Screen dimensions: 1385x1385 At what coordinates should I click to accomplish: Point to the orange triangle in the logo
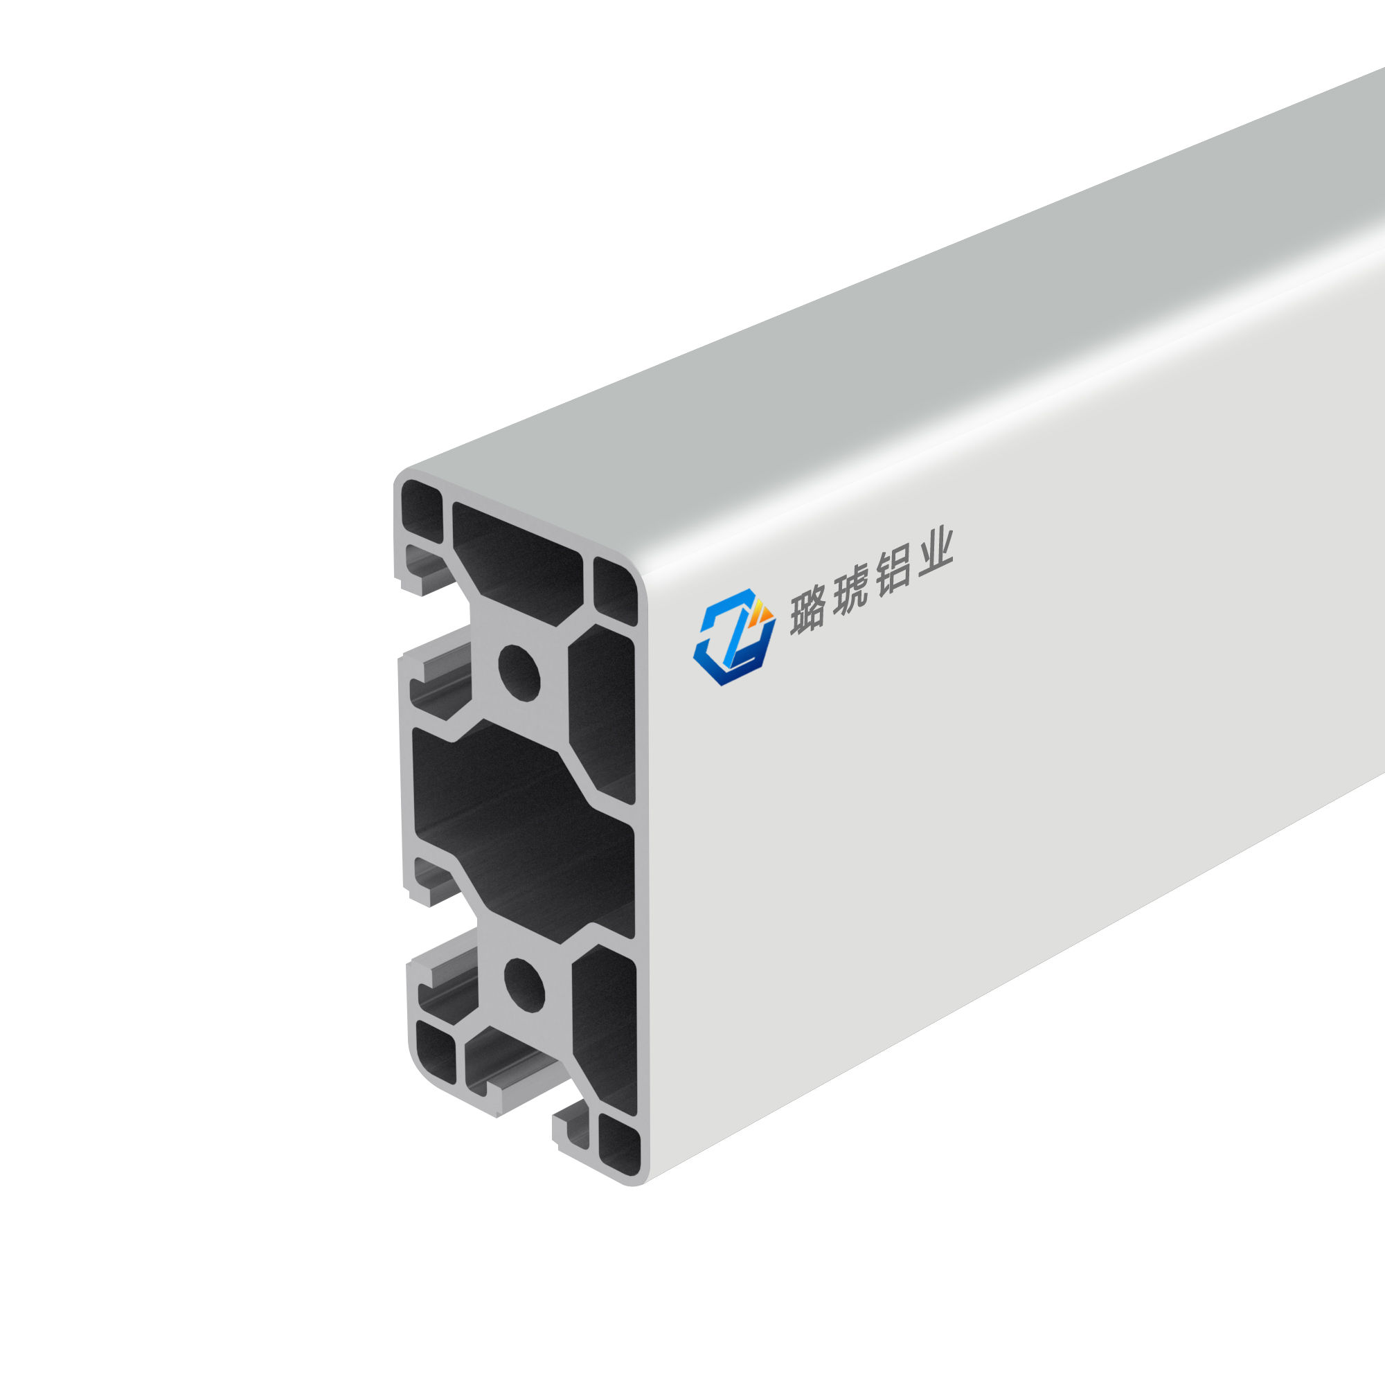(762, 614)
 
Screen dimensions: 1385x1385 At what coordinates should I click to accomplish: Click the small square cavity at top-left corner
(422, 511)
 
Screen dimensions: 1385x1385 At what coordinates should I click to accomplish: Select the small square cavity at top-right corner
(615, 592)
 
